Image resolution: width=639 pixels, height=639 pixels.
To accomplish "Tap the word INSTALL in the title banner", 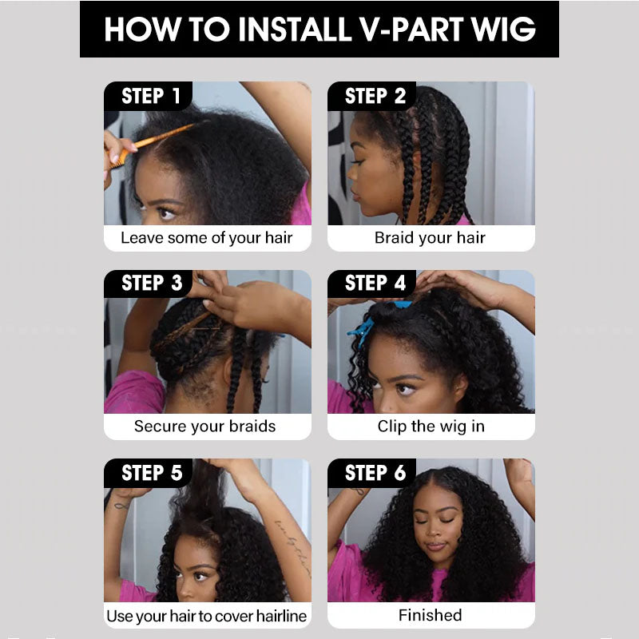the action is tap(295, 29).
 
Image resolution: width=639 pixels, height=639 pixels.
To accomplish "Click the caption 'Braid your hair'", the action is tap(430, 238).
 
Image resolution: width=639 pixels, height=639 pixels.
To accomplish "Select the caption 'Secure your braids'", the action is tap(205, 427).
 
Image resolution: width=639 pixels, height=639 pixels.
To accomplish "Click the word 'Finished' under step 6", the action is tap(431, 615).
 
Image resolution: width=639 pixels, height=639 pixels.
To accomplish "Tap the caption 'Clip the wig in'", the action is tap(431, 427).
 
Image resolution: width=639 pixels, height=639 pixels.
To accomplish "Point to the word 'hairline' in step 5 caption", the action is tap(282, 616).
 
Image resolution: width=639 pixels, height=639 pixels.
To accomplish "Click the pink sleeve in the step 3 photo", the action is tap(133, 392).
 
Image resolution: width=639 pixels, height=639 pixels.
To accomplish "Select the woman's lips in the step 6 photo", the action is tap(435, 546).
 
